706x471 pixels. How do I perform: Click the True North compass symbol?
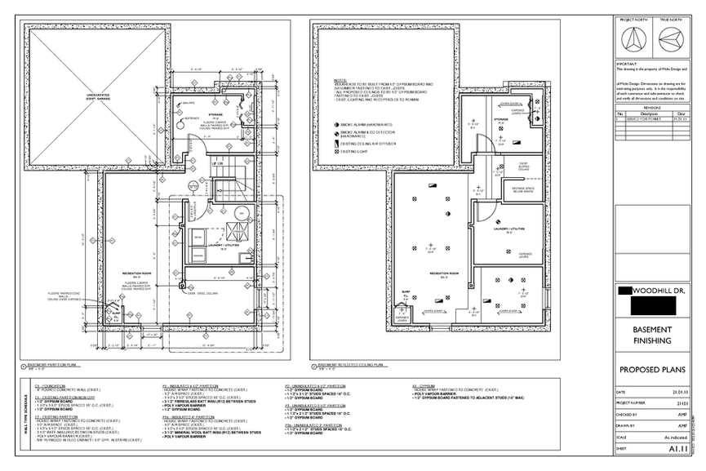[x=671, y=38]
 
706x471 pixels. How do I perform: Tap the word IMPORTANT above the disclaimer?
[x=626, y=63]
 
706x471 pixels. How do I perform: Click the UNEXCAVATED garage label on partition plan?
[x=90, y=97]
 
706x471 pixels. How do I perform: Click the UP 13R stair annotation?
[x=217, y=164]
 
